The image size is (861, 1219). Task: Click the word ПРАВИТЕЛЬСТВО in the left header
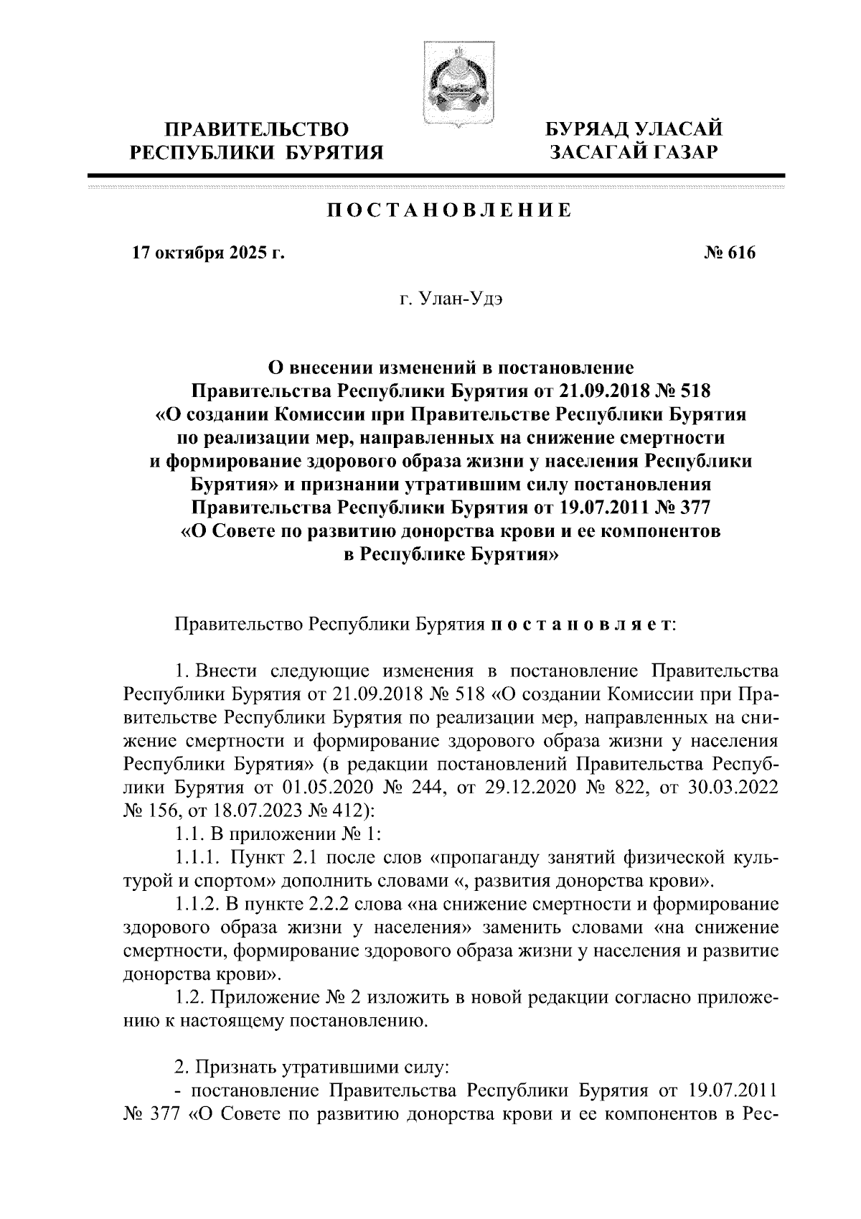258,130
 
